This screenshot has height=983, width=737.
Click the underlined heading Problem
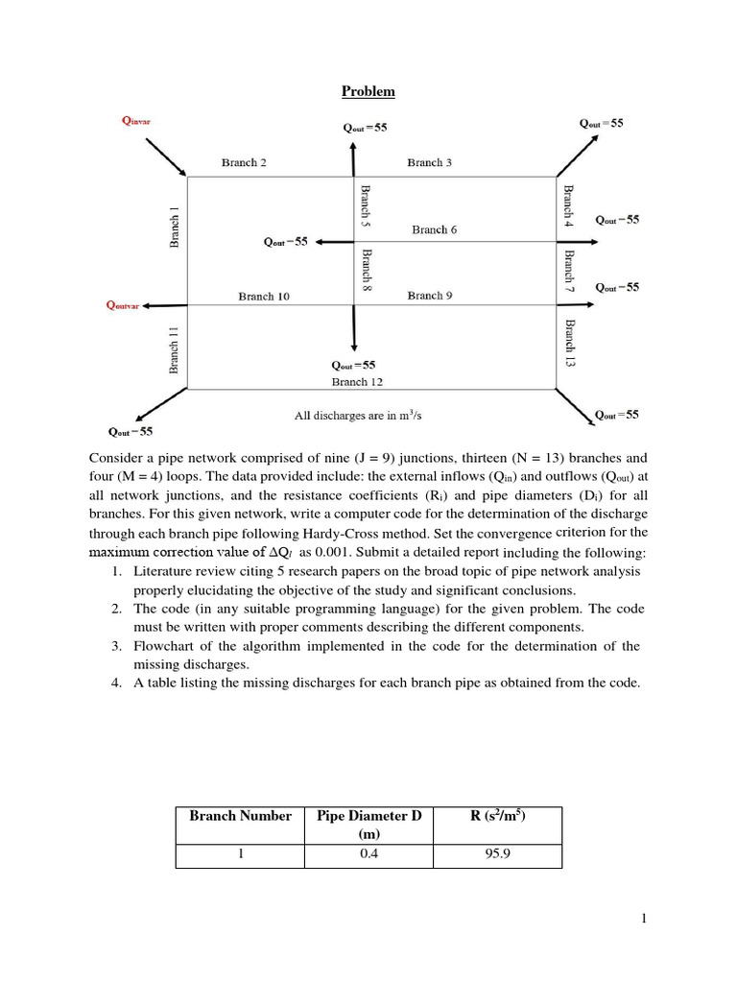point(368,92)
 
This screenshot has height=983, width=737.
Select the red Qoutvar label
point(122,306)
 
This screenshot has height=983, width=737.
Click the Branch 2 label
point(244,162)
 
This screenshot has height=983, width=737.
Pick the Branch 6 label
point(435,229)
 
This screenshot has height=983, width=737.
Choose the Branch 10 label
point(264,297)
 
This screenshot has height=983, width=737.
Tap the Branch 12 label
point(357,381)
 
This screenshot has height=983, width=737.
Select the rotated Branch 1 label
point(175,228)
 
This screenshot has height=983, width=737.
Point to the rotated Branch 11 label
point(175,348)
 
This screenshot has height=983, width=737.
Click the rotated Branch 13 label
point(568,344)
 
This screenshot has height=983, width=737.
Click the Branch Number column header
point(240,816)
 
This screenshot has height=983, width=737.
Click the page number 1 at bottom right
point(645,920)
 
